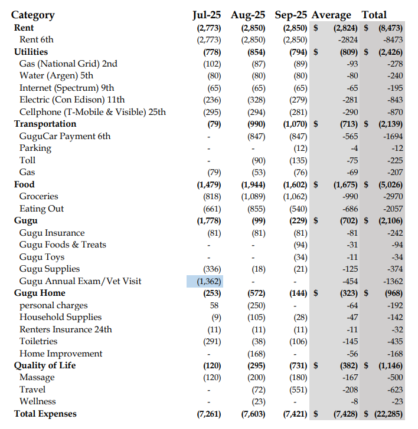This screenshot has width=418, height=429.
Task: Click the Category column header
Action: (x=32, y=15)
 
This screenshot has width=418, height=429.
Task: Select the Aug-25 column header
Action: (x=248, y=15)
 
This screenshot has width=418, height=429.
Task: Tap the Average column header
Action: (x=331, y=15)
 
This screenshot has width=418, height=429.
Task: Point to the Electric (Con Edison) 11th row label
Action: (x=72, y=100)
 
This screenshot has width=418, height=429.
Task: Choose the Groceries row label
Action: (x=39, y=196)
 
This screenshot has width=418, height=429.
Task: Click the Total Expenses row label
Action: (x=45, y=414)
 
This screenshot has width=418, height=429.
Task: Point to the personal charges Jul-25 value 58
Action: (x=214, y=305)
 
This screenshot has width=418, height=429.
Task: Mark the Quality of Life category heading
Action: (x=45, y=365)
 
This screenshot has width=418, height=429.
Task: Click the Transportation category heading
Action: (x=45, y=124)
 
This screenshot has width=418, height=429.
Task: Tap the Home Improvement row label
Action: (x=61, y=354)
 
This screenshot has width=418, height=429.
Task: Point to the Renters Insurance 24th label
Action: (x=66, y=329)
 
